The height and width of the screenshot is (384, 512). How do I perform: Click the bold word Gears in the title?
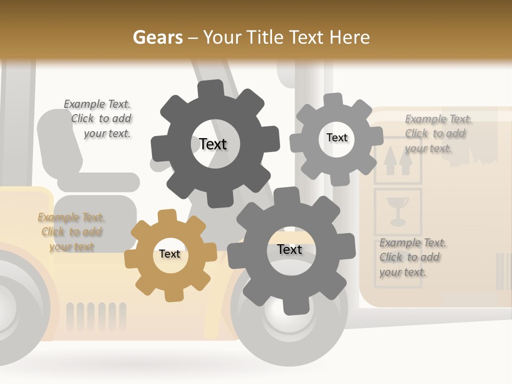point(158,37)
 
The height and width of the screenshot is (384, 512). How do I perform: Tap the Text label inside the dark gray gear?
point(213,144)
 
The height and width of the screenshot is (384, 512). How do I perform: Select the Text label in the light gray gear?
point(337,138)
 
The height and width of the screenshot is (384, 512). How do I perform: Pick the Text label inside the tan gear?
point(169,254)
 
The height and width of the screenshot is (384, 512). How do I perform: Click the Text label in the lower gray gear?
point(290,250)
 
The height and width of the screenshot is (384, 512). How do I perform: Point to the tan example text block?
point(71,232)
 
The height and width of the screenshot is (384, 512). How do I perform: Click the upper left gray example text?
point(98,119)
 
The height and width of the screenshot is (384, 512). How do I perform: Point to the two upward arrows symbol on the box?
point(398,162)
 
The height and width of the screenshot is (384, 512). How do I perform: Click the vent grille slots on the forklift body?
point(97,316)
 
